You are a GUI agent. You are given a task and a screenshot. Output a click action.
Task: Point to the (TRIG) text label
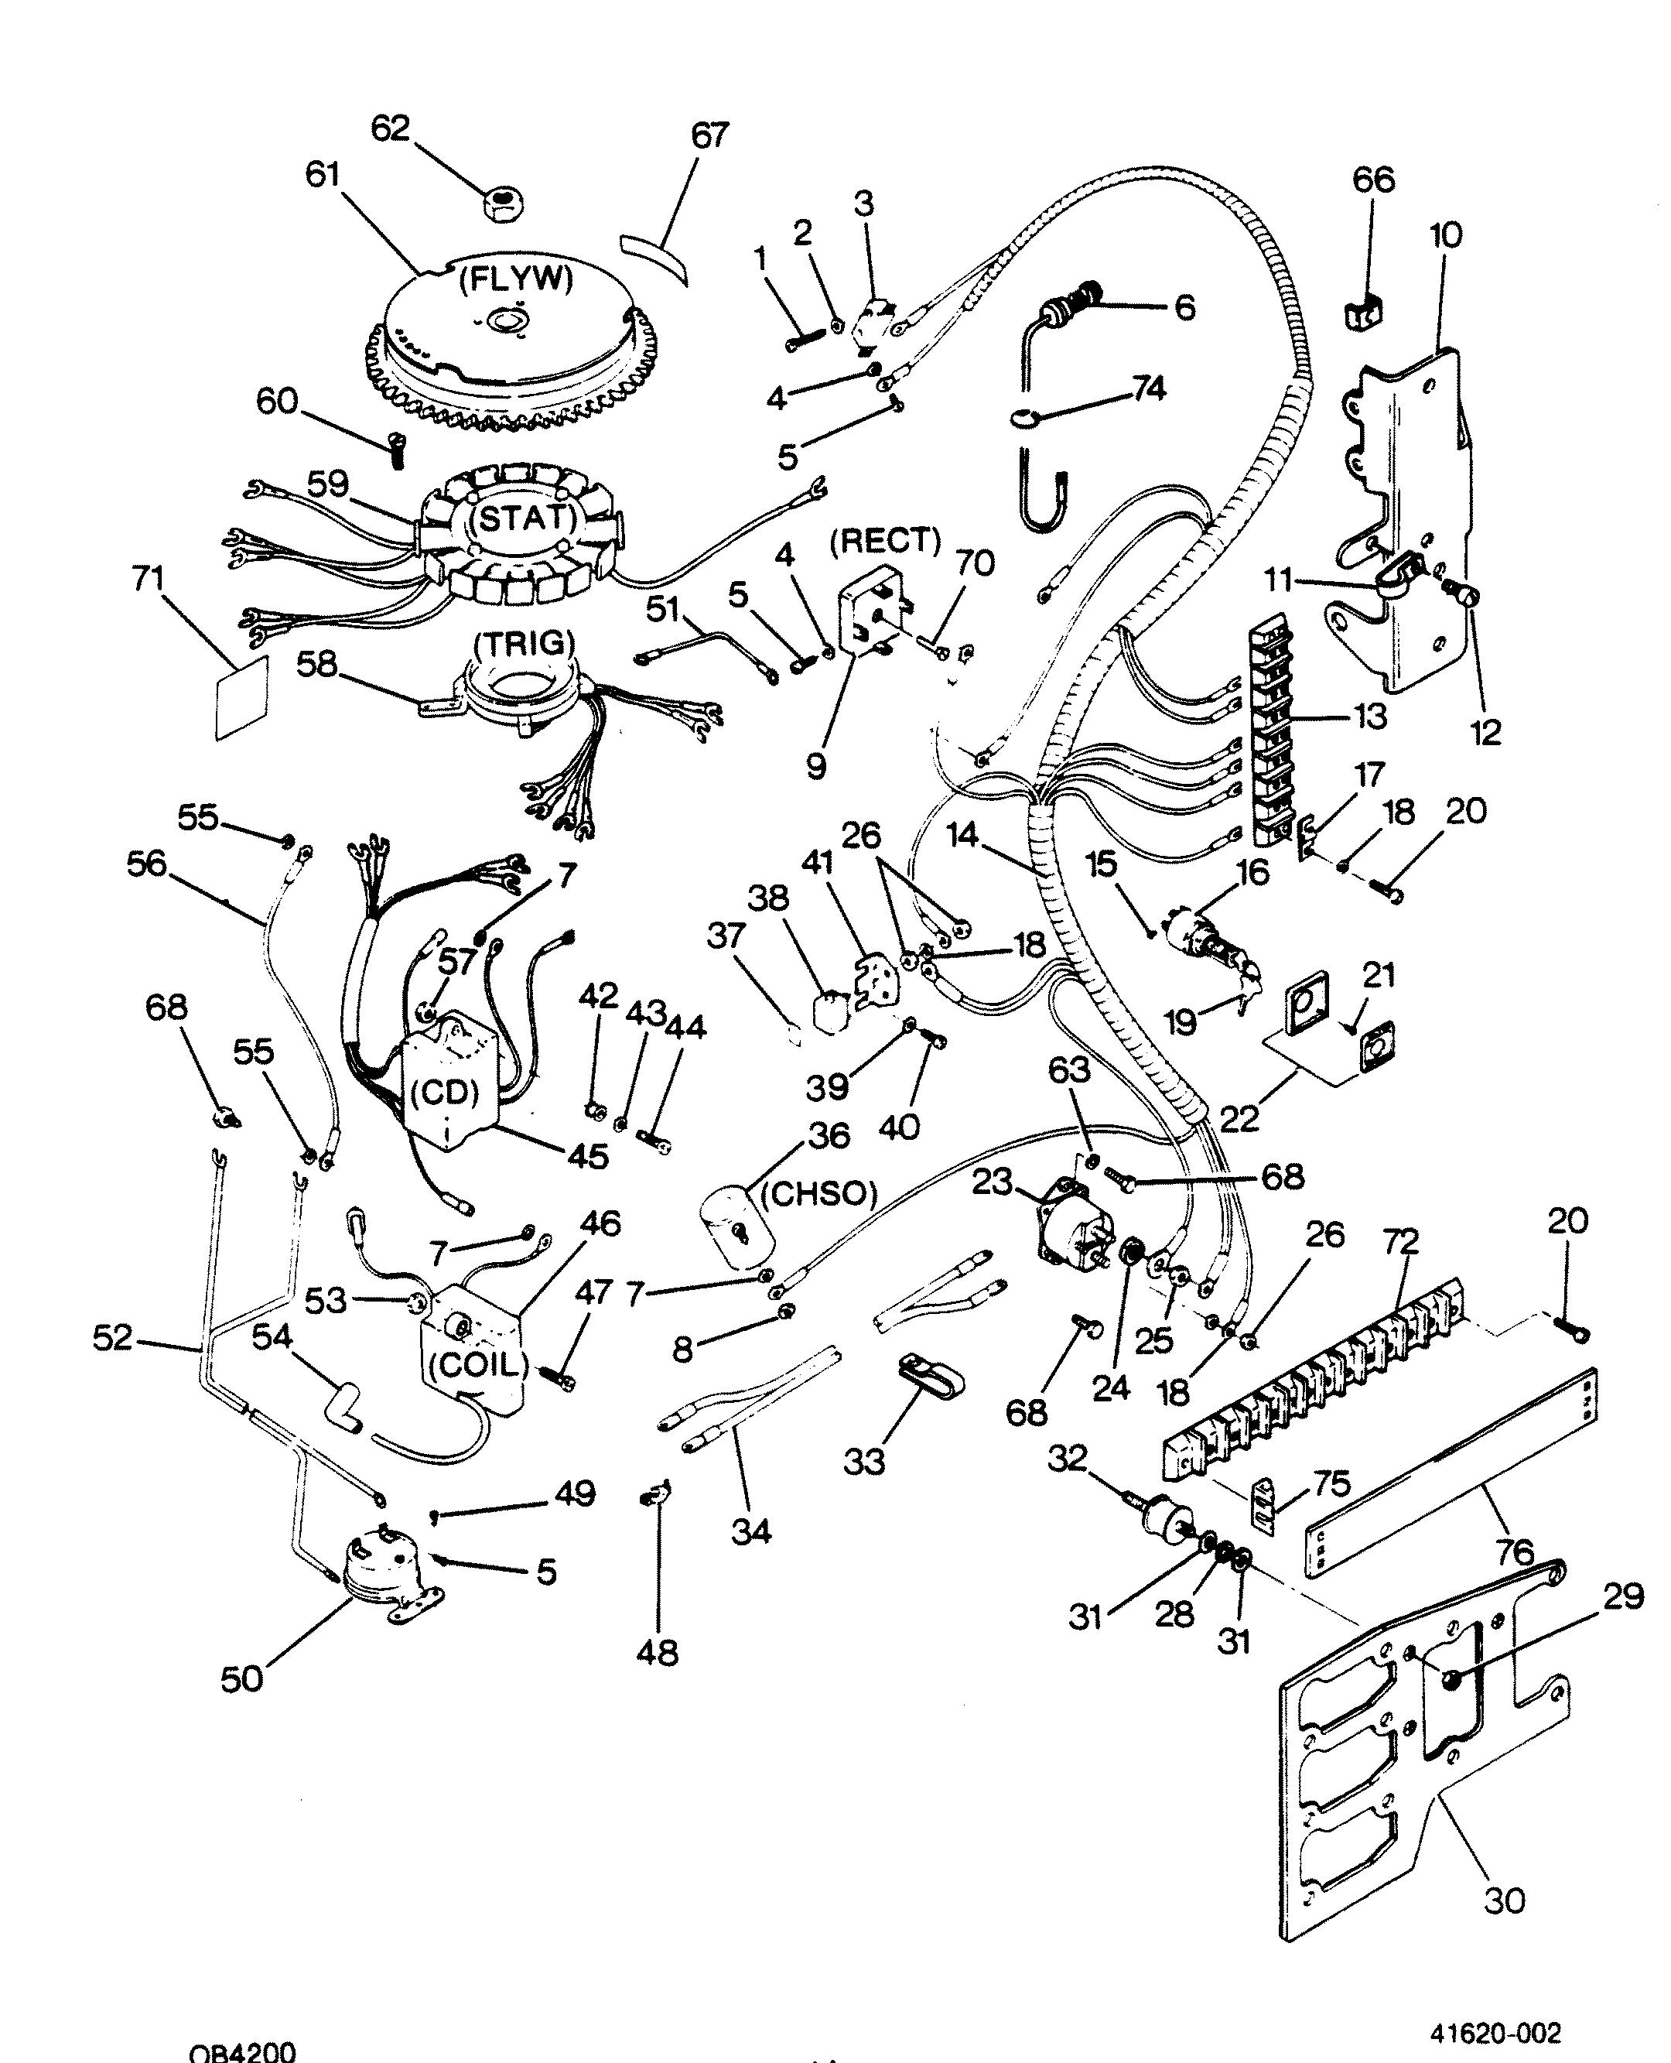click(525, 642)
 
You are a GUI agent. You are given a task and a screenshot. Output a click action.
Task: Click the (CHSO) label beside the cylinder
click(819, 1194)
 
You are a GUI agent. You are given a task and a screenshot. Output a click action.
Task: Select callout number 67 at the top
click(710, 134)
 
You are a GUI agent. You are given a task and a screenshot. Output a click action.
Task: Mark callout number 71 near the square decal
click(149, 579)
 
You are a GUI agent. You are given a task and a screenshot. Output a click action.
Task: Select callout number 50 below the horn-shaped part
click(241, 1679)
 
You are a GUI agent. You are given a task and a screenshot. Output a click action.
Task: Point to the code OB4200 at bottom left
click(241, 2051)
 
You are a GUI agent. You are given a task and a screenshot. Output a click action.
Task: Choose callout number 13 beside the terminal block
click(1368, 717)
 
